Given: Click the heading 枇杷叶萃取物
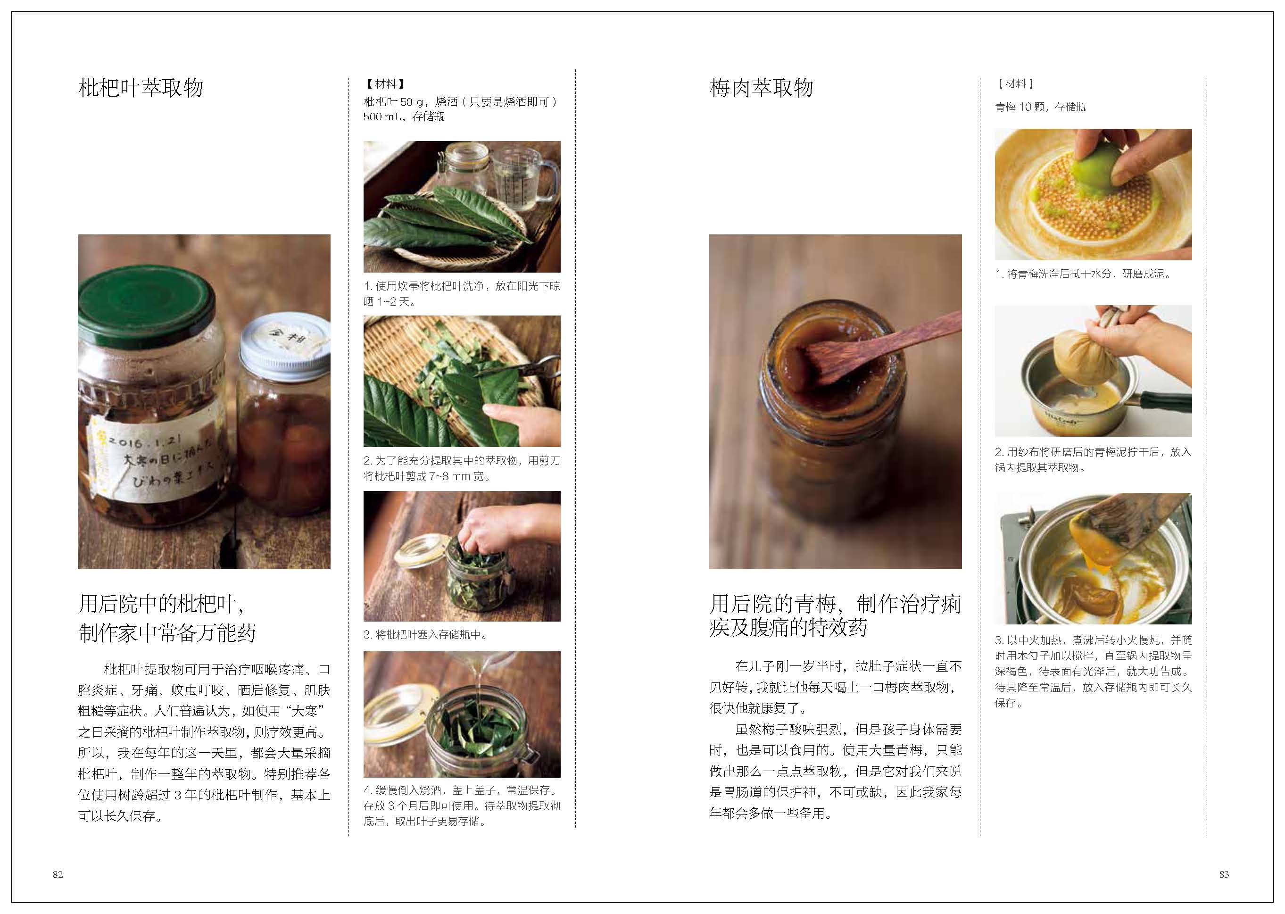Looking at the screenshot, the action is click(x=141, y=88).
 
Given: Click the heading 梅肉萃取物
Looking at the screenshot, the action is click(x=761, y=88).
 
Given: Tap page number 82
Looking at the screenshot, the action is click(x=58, y=874).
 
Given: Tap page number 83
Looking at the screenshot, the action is click(x=1224, y=874).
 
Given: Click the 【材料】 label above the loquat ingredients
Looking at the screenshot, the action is click(x=385, y=84).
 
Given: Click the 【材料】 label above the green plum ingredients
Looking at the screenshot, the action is click(x=1016, y=84).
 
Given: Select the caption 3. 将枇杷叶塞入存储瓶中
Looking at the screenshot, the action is click(x=425, y=635).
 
